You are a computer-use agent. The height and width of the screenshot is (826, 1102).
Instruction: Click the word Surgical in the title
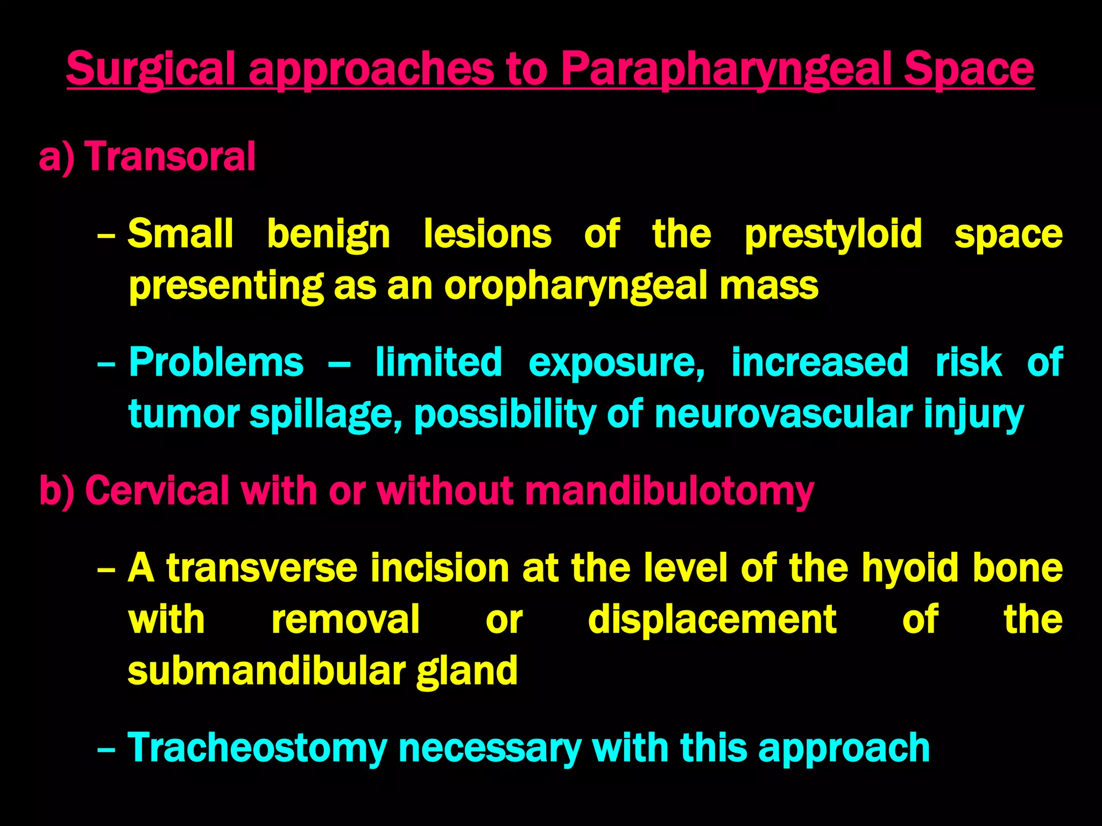coord(151,69)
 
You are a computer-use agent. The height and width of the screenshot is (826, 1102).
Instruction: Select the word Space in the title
coord(969,69)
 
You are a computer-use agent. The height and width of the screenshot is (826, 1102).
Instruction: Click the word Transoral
coord(169,156)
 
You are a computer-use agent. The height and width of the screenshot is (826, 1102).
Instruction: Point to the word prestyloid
coord(833,234)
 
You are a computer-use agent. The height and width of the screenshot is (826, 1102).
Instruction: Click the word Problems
coord(216,362)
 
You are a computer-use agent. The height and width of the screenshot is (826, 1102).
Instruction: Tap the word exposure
coord(616,362)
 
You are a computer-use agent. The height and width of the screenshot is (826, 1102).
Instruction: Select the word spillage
coord(326,414)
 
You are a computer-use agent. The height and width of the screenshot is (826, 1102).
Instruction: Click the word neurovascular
coord(783,414)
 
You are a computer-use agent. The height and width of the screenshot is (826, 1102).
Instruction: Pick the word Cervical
coord(157,490)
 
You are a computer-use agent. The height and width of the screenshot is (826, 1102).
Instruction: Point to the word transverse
coord(262,568)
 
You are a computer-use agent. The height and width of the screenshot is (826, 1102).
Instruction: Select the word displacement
coord(712,619)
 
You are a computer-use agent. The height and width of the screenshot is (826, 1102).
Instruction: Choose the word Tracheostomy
coord(257,748)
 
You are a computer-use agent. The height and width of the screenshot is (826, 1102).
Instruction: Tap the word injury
coord(973,414)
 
